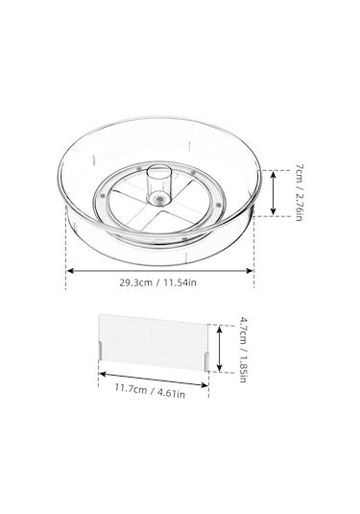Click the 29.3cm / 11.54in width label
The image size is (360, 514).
pyautogui.click(x=158, y=282)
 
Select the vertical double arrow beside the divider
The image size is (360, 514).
pyautogui.click(x=220, y=349)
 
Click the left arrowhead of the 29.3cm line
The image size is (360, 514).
pyautogui.click(x=69, y=270)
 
